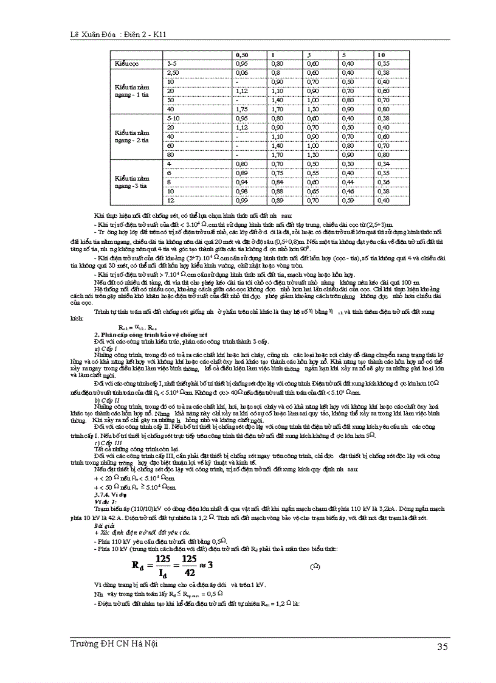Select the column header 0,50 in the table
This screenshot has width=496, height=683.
click(241, 55)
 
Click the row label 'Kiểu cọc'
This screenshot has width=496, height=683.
click(126, 63)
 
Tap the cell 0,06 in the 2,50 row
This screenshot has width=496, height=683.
click(242, 72)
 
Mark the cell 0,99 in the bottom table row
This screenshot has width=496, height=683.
click(242, 199)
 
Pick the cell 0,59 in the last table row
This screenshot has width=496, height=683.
click(348, 199)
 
